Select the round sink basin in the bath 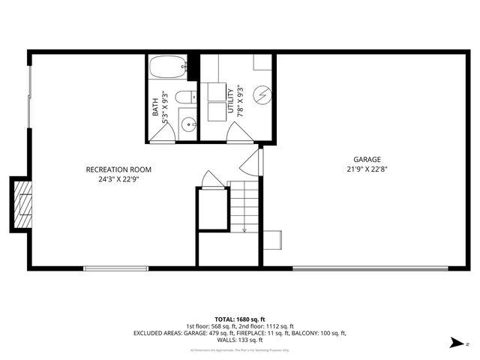click(x=187, y=124)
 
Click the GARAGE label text click(x=367, y=159)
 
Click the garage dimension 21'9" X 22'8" click(x=367, y=169)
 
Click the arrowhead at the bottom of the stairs click(x=245, y=230)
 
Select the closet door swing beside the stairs click(x=212, y=180)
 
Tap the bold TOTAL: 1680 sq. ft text click(x=240, y=319)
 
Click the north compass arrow click(x=455, y=343)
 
